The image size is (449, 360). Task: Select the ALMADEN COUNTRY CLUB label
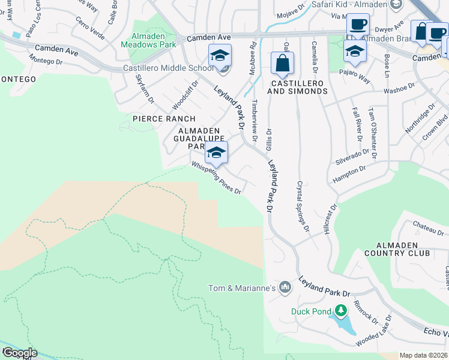403,249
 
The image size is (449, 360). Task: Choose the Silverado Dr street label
352,155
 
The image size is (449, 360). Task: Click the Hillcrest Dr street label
330,219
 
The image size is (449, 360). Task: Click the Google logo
19,352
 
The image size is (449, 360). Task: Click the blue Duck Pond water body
343,325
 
